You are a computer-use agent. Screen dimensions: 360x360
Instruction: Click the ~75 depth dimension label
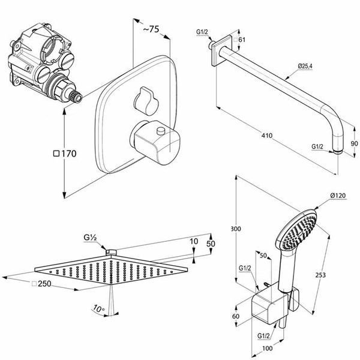tap(151, 29)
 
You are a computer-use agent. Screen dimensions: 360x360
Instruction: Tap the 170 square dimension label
tap(65, 154)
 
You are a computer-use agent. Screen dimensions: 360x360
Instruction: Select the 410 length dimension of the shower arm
tap(267, 136)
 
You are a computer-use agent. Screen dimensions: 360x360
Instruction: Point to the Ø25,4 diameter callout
tap(305, 67)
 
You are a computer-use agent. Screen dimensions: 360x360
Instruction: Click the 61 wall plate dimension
tap(239, 40)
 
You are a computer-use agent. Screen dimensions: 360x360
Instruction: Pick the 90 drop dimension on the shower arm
tap(354, 143)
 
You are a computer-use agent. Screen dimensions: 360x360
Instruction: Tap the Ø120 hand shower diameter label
tap(338, 196)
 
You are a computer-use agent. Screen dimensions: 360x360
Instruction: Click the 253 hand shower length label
tap(320, 275)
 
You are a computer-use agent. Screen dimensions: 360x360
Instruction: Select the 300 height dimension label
tap(236, 229)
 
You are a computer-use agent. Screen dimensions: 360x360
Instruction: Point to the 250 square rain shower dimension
tap(41, 284)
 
